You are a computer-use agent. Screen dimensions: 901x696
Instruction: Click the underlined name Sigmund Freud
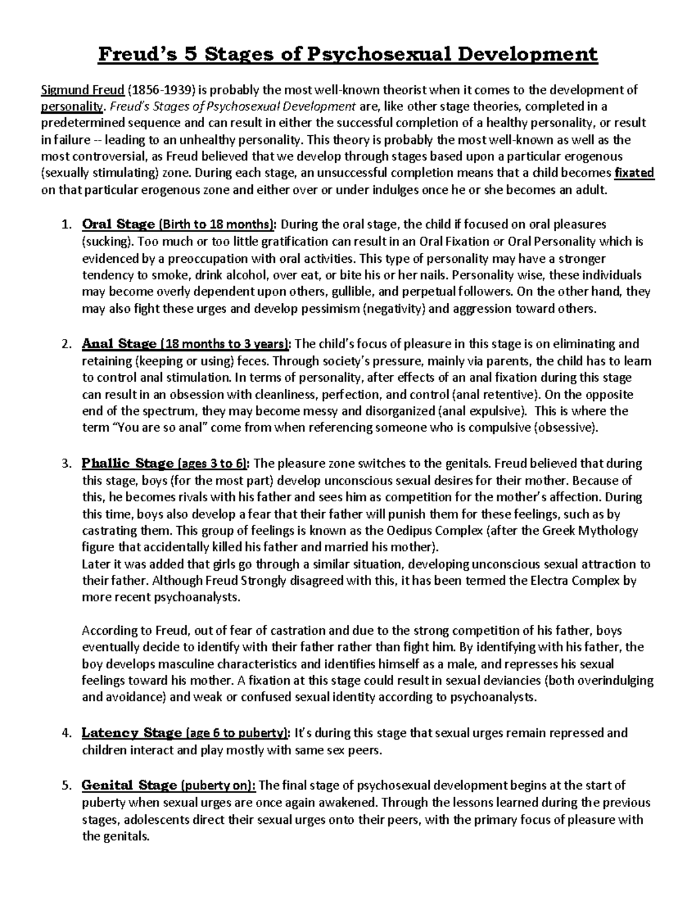(82, 89)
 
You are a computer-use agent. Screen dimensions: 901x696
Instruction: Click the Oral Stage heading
(118, 225)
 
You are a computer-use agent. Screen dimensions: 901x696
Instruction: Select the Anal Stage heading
(119, 343)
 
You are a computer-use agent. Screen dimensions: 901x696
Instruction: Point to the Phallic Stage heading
(128, 464)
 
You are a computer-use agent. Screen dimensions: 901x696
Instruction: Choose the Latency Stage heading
(132, 733)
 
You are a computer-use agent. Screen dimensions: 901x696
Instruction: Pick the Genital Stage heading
(129, 786)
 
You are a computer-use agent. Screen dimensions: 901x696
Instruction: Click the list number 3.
(66, 464)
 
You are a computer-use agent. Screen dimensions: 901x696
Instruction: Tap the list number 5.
(66, 786)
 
